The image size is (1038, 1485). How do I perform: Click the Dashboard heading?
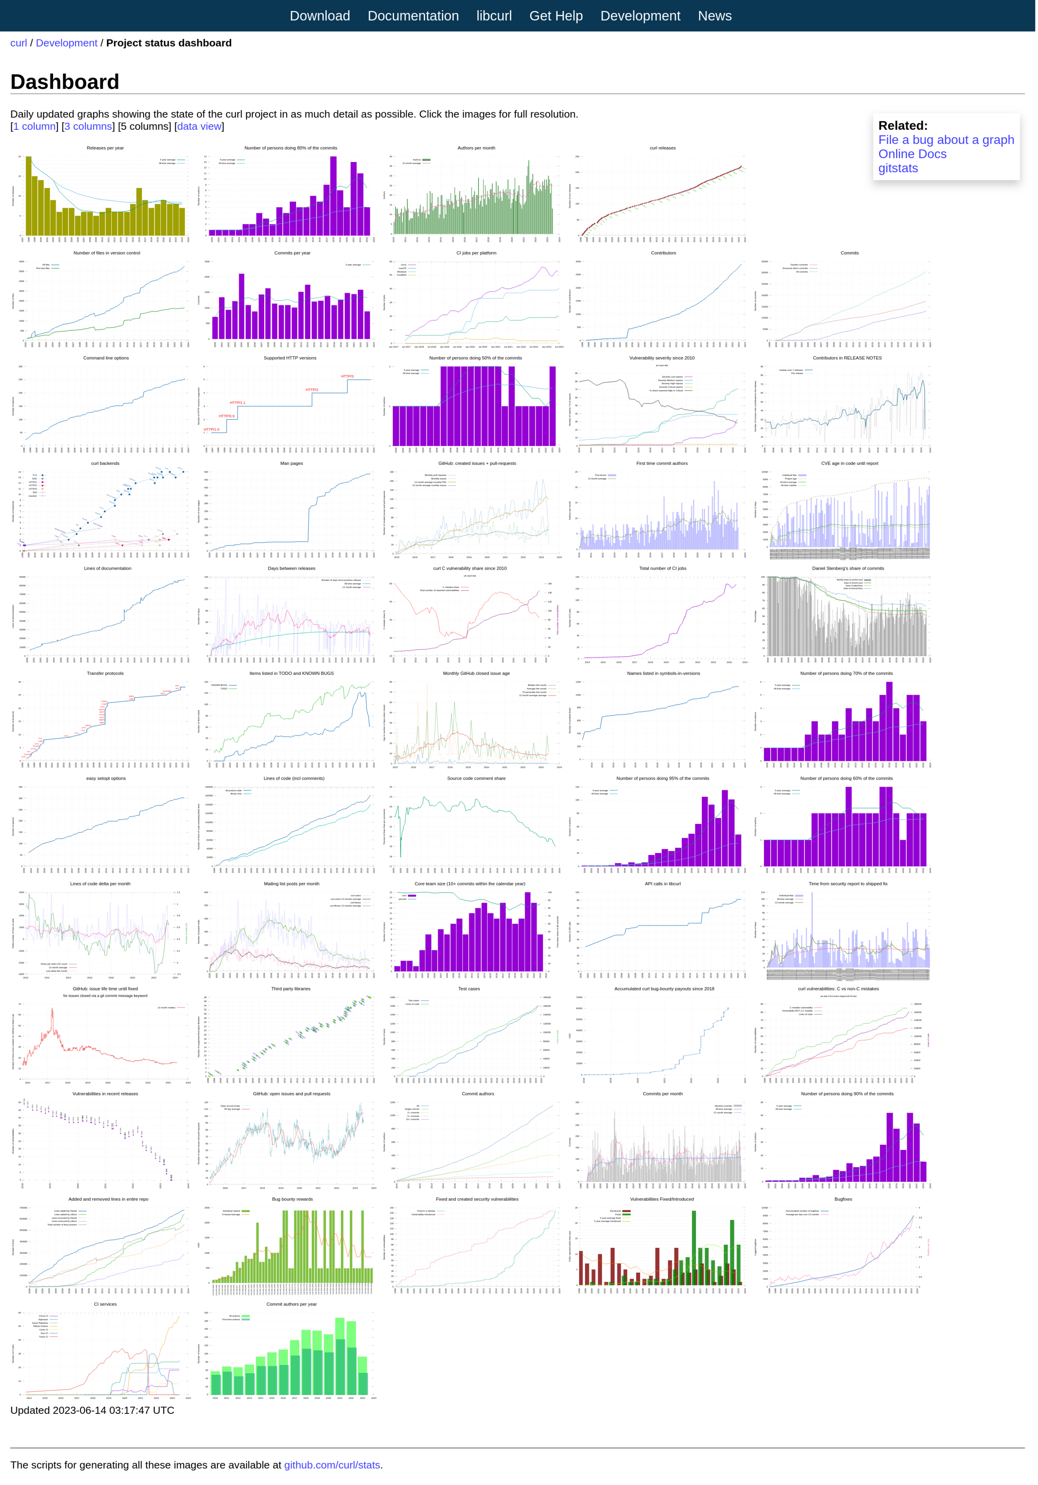[65, 82]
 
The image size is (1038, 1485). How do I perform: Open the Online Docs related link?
[912, 154]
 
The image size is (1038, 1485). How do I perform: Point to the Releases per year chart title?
[106, 148]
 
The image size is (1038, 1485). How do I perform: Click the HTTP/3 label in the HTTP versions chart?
[347, 376]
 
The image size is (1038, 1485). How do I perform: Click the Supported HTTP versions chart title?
[290, 358]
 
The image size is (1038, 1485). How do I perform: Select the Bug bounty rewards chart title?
[292, 1199]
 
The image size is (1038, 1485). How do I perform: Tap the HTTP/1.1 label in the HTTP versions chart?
[238, 403]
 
